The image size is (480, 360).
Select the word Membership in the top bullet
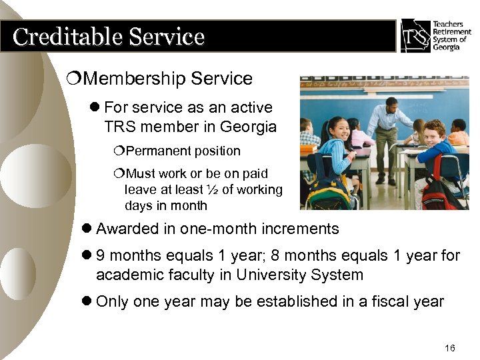click(x=136, y=79)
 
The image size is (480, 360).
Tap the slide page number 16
click(x=449, y=348)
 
